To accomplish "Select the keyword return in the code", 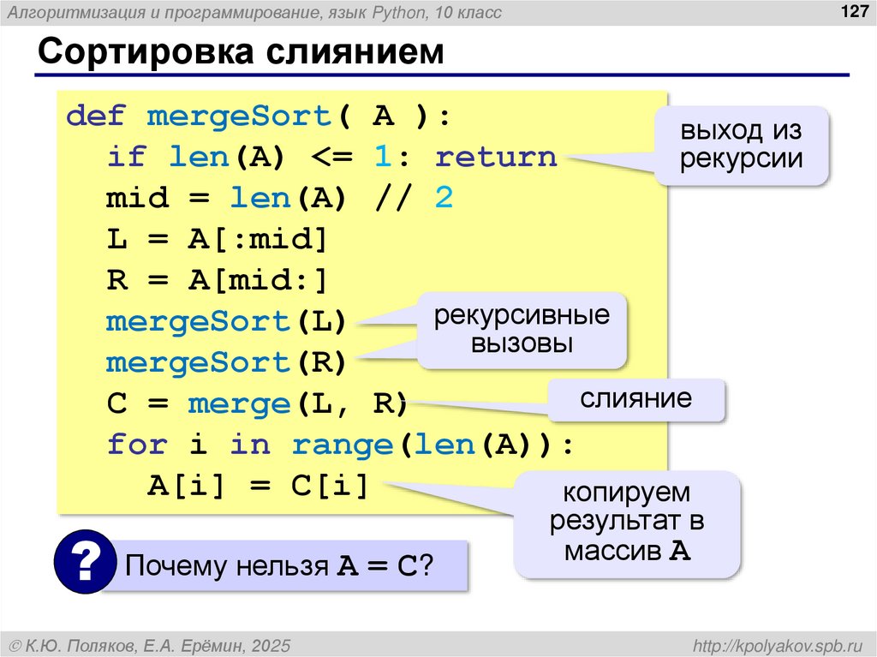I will (x=496, y=157).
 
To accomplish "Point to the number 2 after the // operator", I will (x=443, y=199).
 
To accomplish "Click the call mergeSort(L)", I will (x=226, y=322).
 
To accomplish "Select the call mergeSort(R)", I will (x=226, y=363).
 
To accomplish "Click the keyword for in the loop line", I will (x=137, y=445).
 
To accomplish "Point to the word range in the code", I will (x=342, y=445).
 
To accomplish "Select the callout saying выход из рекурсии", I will (x=742, y=146).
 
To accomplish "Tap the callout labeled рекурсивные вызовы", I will (x=522, y=331).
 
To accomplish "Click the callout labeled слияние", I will (x=636, y=399).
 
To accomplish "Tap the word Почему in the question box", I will (x=176, y=566).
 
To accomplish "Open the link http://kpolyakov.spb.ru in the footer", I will (x=779, y=644).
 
